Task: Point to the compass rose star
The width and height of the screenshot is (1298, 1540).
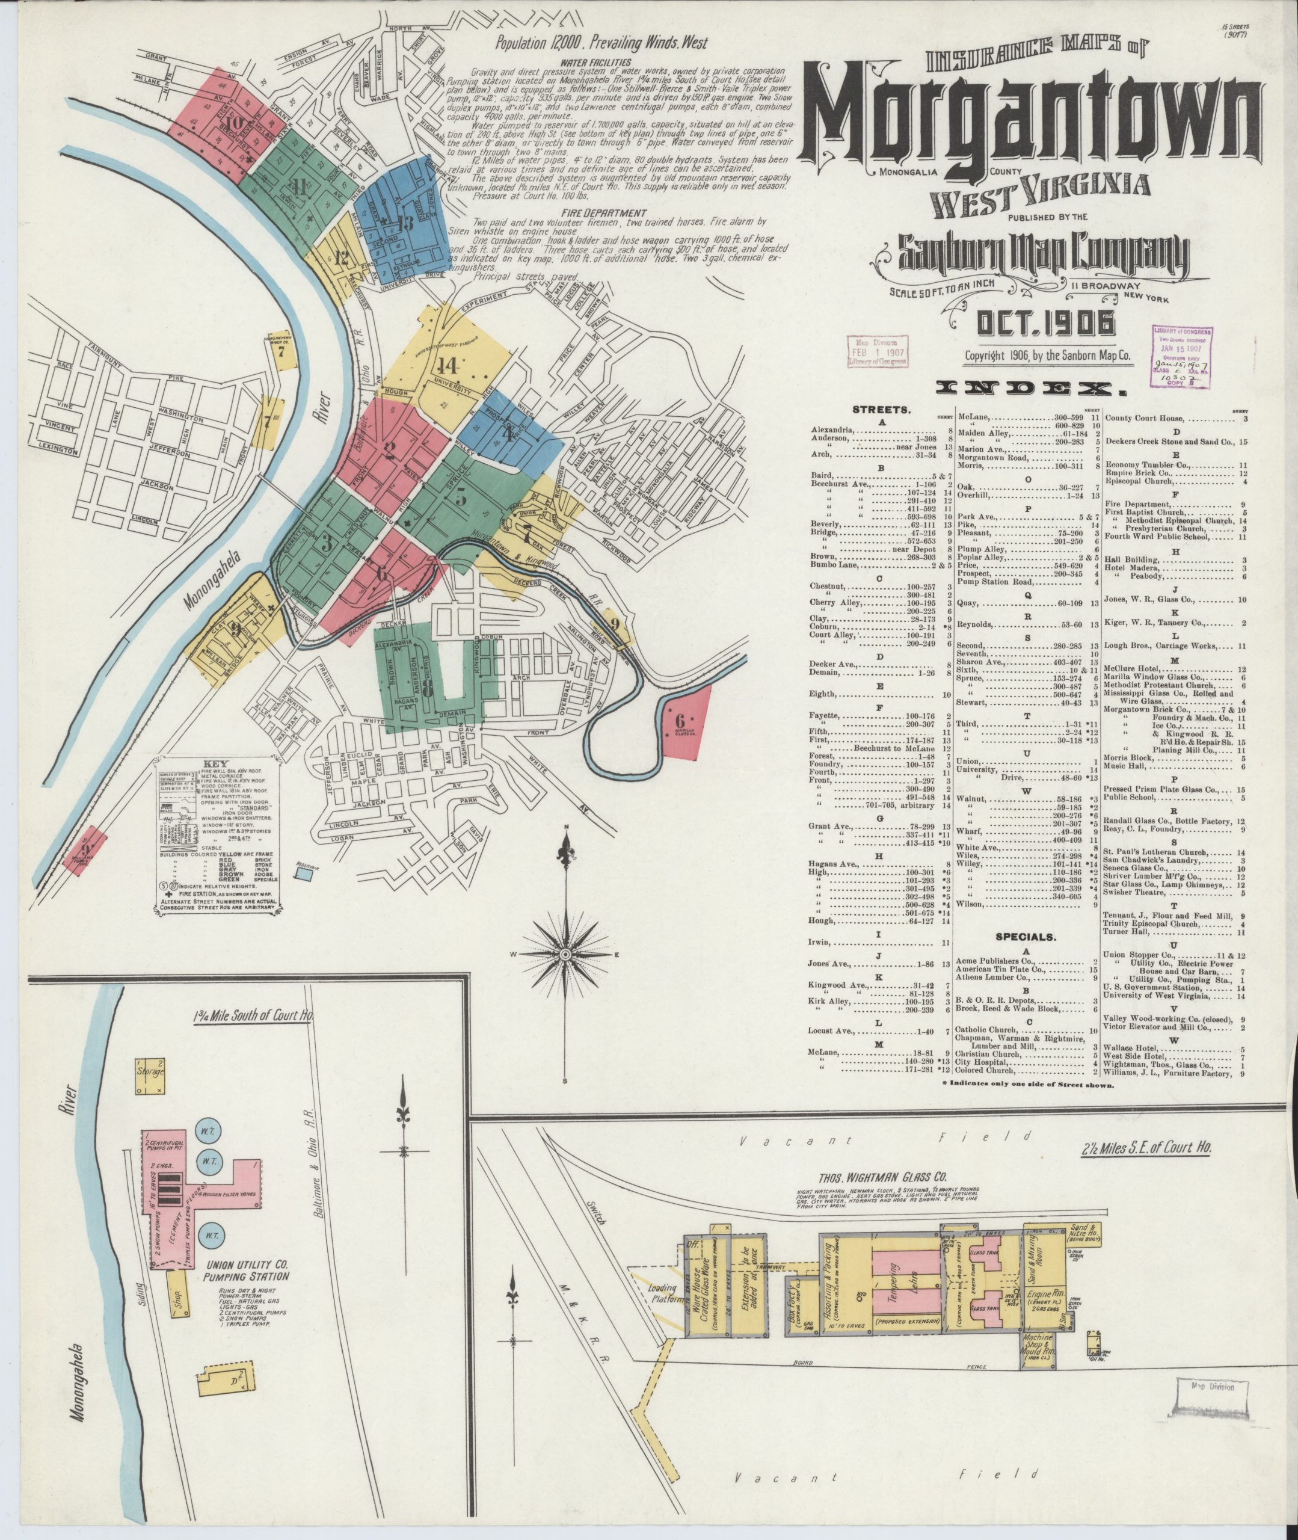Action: pos(566,953)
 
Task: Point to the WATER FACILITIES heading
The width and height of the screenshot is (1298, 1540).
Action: pos(605,63)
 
